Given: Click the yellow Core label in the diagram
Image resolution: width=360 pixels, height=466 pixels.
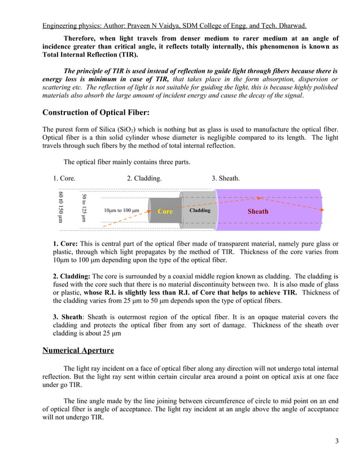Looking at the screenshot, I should click(165, 211).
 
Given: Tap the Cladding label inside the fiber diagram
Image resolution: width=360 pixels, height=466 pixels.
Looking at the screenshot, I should click(200, 210).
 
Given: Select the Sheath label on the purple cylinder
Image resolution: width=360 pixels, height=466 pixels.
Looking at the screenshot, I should click(258, 212).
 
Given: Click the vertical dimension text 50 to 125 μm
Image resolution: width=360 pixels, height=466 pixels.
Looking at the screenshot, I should click(84, 208).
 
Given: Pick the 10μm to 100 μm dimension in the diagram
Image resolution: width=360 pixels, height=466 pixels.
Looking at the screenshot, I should click(121, 211).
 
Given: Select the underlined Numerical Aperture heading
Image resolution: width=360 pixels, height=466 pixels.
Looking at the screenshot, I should click(78, 350).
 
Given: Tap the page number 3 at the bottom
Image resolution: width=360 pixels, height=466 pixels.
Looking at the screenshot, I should click(337, 441).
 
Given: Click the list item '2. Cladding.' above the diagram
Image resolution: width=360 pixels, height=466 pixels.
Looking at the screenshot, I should click(144, 178).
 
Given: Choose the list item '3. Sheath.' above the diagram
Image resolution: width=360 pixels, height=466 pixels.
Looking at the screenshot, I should click(226, 178).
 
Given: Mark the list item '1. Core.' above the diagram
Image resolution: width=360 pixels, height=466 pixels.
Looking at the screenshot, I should click(64, 178).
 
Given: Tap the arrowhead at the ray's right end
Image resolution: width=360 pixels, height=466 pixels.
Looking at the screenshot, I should click(322, 209).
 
